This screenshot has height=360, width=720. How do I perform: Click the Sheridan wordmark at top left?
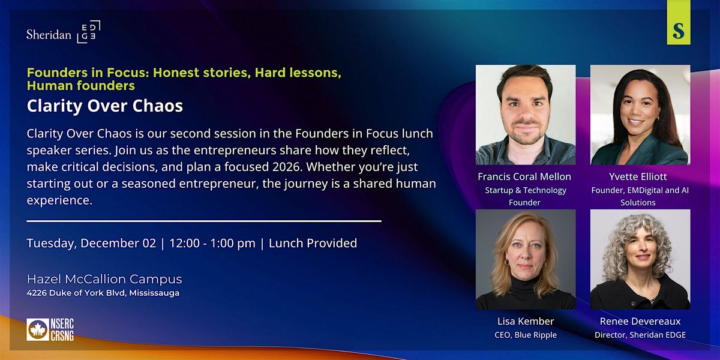[x=49, y=34]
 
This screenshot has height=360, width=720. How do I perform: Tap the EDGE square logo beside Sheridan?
[x=88, y=32]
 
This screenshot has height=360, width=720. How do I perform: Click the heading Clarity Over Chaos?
[x=104, y=106]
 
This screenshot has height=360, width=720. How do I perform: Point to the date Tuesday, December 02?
[x=90, y=243]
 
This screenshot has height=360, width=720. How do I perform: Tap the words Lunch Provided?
[x=313, y=243]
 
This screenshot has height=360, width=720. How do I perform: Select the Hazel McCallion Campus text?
[x=104, y=279]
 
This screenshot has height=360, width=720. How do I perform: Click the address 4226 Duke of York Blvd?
[x=103, y=293]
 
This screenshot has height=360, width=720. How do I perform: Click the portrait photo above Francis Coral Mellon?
[x=525, y=115]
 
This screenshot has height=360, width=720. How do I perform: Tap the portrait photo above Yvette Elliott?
[x=640, y=115]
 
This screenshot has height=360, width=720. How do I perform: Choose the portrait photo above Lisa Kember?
[x=525, y=259]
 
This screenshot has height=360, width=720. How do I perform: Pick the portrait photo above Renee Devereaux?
[x=640, y=259]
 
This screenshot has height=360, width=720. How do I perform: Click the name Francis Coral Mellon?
[x=525, y=176]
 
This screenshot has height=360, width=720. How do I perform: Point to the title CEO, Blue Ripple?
[x=525, y=335]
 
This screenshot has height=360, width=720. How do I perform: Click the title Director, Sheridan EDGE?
[x=640, y=335]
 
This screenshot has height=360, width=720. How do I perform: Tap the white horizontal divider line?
[x=204, y=221]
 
